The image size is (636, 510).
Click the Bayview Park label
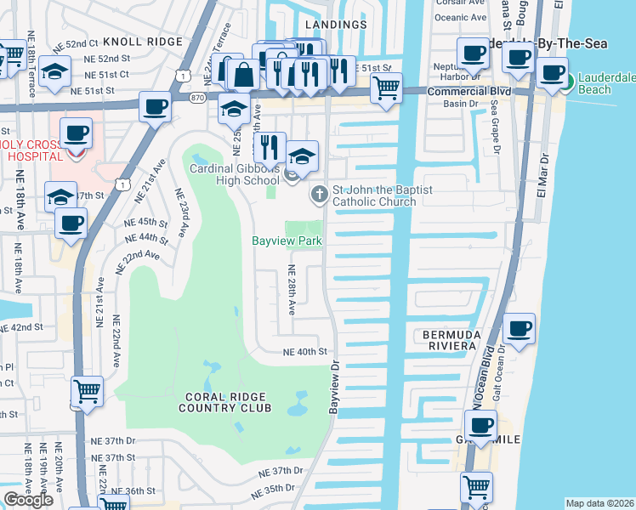tap(287, 241)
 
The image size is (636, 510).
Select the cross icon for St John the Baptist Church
tap(320, 195)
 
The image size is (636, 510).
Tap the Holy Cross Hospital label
tap(32, 150)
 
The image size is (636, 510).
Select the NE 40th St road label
tap(305, 352)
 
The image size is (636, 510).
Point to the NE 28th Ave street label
tap(291, 290)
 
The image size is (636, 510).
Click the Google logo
tap(28, 500)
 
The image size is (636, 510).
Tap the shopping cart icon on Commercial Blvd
tap(387, 88)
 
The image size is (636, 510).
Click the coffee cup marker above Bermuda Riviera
tap(519, 328)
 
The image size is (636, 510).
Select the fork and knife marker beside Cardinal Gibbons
tap(270, 147)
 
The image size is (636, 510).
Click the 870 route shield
tap(196, 99)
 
